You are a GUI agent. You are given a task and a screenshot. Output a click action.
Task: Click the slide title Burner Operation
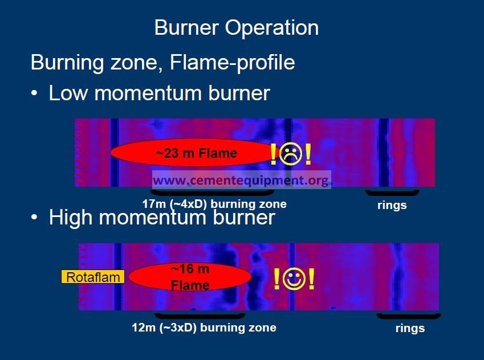tap(237, 28)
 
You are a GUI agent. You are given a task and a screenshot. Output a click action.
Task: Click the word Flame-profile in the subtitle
tap(233, 62)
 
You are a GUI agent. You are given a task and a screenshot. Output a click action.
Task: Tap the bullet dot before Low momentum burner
tap(34, 93)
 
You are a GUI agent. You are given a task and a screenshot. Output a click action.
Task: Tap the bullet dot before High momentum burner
tap(34, 217)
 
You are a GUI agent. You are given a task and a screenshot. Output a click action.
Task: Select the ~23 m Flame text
tap(197, 153)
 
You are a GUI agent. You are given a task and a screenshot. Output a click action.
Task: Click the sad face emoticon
tap(290, 153)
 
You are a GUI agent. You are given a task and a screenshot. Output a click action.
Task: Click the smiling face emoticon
tap(294, 279)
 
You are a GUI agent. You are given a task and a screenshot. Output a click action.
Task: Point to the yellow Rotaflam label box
tap(93, 277)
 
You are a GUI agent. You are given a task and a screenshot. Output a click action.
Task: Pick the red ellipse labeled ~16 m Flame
tap(190, 277)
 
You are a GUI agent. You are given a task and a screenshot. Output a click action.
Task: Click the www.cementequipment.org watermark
tap(241, 180)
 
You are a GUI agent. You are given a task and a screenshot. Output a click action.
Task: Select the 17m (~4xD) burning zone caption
tap(214, 204)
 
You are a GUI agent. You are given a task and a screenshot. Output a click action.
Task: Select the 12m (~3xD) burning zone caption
tap(204, 328)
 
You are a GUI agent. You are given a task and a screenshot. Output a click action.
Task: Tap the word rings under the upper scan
tap(392, 205)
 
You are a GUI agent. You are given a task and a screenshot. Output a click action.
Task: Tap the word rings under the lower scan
tap(410, 328)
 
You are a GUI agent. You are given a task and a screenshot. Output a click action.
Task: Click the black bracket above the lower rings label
tap(408, 317)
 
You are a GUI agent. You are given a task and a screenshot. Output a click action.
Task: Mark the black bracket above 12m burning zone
tap(200, 317)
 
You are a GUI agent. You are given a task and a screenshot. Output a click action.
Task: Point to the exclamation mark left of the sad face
tap(273, 154)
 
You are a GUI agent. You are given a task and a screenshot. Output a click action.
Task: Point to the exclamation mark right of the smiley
tap(311, 279)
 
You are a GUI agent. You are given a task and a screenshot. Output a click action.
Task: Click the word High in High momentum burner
tap(71, 218)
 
